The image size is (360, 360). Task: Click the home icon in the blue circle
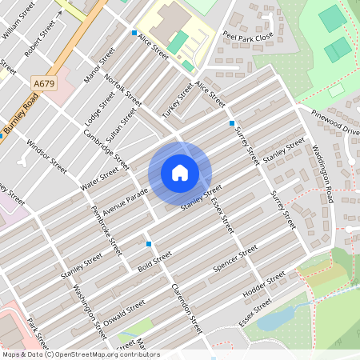pos(180,173)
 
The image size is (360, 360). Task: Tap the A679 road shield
pos(45,82)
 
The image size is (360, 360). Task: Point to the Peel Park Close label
pos(248,37)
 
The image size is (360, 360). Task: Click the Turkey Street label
pos(178,101)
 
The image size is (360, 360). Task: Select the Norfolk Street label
pos(122,91)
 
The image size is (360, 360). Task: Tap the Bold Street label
pos(155,260)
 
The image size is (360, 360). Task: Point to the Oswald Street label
pos(125,314)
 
